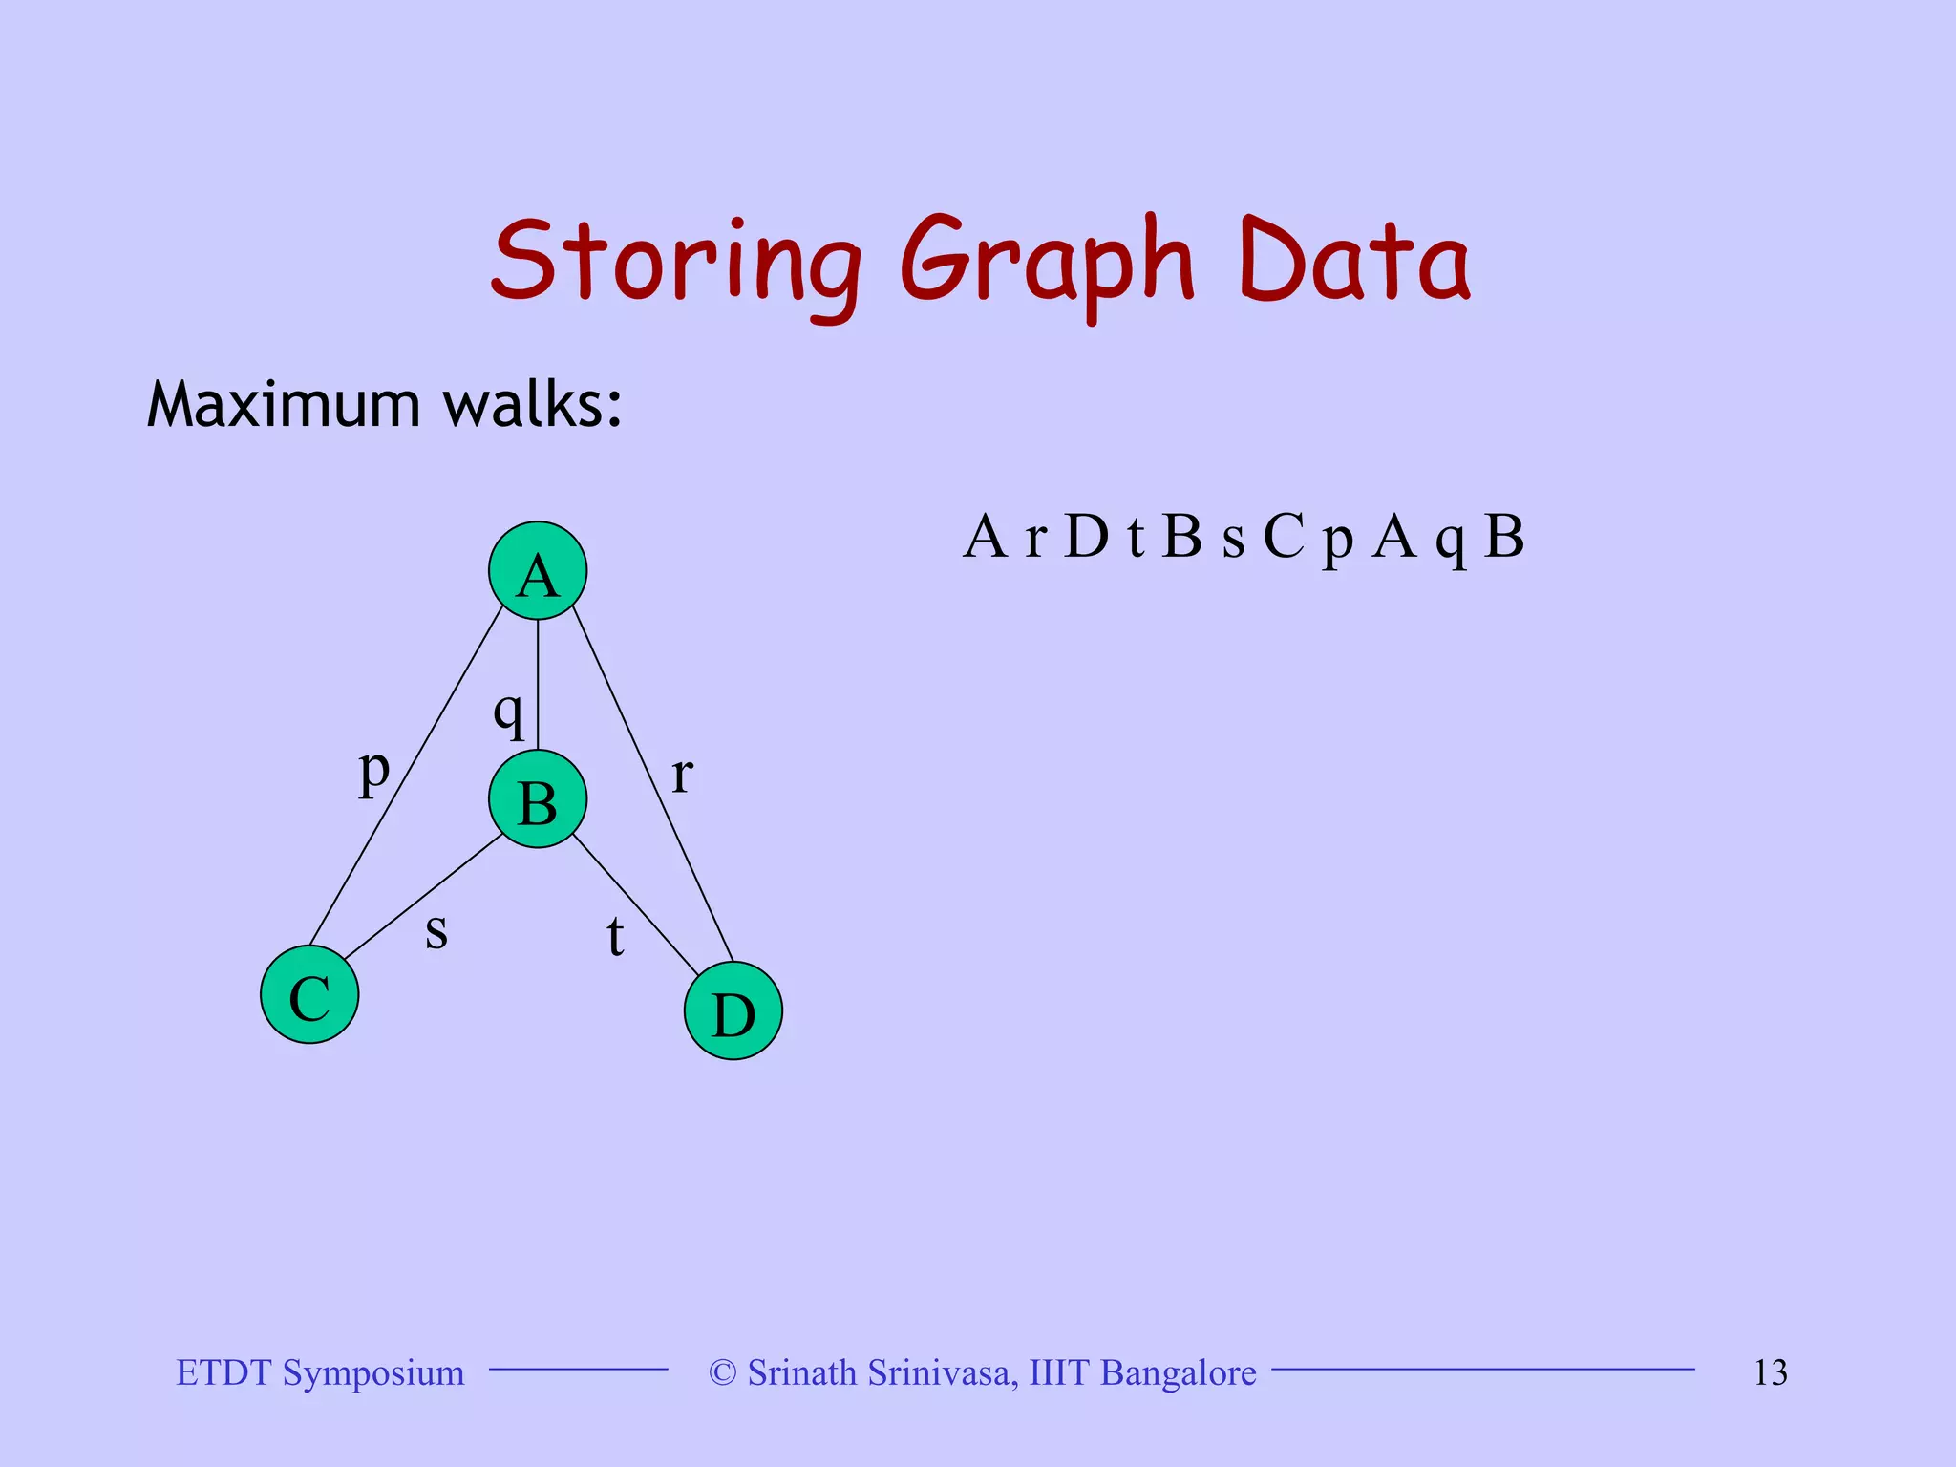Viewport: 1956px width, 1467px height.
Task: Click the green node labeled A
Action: pos(538,571)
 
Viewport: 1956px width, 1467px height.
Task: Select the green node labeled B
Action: pos(538,799)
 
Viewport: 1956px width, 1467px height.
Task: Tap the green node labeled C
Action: pos(309,994)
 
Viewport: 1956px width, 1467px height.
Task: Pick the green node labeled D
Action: pos(733,1011)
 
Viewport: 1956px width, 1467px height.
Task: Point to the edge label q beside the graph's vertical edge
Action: pos(509,712)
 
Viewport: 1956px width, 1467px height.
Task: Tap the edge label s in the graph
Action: pos(436,930)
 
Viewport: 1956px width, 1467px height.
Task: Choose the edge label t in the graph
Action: pos(615,936)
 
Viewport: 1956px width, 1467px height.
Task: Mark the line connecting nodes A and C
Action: pos(406,776)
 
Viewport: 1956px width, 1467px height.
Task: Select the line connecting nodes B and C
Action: pos(423,898)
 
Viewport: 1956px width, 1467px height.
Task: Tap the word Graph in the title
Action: pos(1047,262)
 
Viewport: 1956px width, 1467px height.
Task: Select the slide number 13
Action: pos(1770,1373)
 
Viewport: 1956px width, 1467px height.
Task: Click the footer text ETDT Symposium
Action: pos(320,1373)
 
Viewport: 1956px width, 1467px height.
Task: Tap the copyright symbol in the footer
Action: pos(723,1373)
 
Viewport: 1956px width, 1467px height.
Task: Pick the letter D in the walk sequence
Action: pos(1086,537)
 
